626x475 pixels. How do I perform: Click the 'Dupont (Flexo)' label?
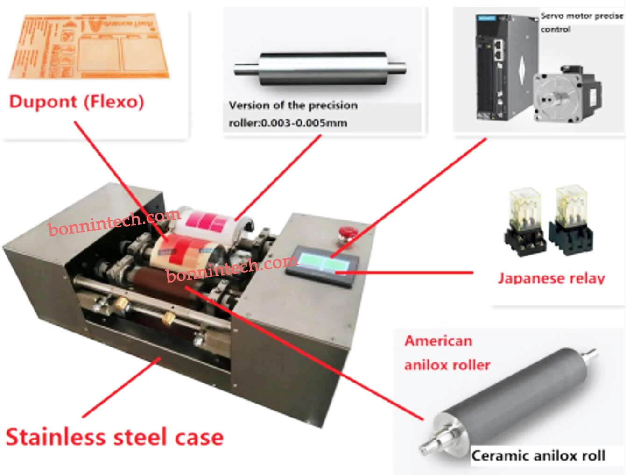point(77,101)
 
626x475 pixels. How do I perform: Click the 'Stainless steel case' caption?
point(114,437)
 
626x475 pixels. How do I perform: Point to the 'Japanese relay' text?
point(551,278)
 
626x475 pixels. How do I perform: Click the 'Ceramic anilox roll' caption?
point(538,455)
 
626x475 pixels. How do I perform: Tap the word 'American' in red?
point(438,341)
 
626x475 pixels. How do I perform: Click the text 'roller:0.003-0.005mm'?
point(288,123)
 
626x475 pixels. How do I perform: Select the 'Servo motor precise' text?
point(582,16)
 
